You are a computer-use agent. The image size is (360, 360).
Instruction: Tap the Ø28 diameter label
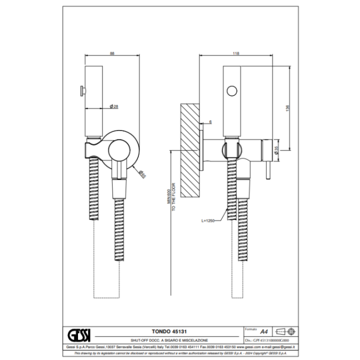pos(113,106)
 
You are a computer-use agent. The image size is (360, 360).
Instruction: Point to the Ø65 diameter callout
pos(141,173)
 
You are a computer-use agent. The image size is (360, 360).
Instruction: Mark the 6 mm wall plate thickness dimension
pos(210,122)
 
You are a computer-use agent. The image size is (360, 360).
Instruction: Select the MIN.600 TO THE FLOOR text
pos(173,196)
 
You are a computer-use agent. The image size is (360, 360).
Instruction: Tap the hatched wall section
pos(190,150)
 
